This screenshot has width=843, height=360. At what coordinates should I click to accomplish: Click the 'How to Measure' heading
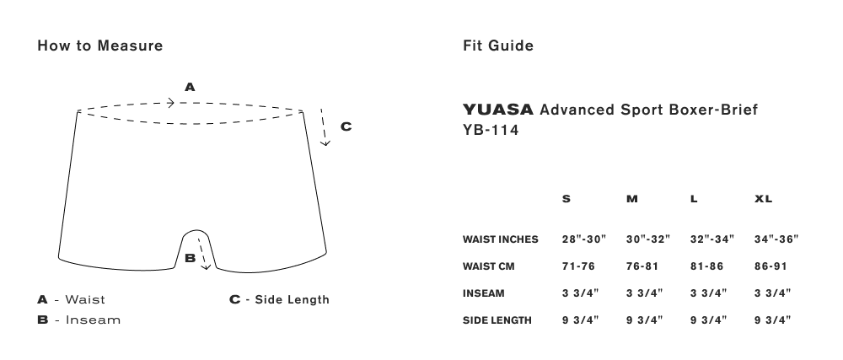point(100,46)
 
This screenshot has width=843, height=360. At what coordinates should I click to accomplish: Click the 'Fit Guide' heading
point(498,46)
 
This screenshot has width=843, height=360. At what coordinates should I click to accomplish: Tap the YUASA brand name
point(498,110)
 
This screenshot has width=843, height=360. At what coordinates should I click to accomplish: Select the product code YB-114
point(491,130)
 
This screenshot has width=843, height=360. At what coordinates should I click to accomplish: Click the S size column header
point(566,199)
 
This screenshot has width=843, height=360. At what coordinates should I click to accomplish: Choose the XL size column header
point(764,199)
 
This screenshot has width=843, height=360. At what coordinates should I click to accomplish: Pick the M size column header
point(632,199)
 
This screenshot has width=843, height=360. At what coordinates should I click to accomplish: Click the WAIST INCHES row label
point(501,239)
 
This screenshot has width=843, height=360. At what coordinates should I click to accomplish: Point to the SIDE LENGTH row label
point(497,320)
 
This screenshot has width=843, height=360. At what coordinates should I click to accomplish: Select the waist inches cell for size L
point(712,239)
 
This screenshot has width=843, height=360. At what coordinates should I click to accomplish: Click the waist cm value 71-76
point(578,266)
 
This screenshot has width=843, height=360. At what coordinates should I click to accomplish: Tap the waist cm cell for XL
point(771,266)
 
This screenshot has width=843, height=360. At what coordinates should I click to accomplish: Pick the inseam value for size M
point(645,293)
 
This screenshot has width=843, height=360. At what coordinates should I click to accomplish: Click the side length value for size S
point(581,320)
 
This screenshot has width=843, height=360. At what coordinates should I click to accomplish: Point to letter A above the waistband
point(190,87)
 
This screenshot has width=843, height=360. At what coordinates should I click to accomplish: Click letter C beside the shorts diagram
point(346,126)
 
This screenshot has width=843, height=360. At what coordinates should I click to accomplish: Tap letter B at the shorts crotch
point(190,259)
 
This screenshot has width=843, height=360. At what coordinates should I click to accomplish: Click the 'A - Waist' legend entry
point(72,300)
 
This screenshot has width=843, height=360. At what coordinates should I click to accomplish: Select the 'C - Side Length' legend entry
point(280,300)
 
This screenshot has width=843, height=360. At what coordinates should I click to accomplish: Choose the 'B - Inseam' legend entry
point(79,320)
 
